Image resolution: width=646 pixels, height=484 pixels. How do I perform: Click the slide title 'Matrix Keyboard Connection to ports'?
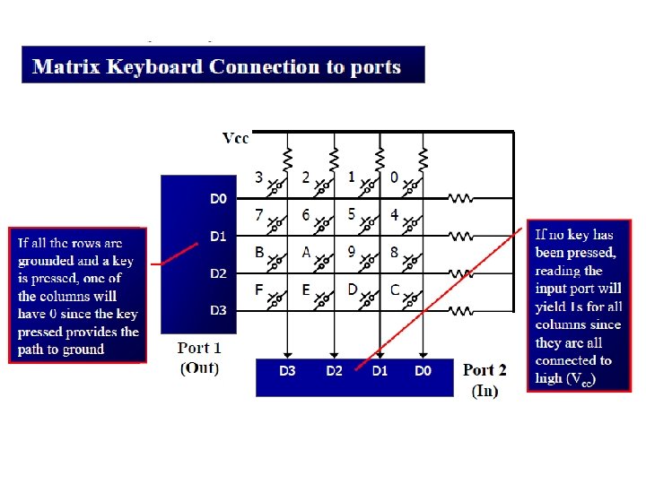216,67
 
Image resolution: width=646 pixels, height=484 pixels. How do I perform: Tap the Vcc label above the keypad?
235,138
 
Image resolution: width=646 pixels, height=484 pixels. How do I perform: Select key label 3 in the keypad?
258,177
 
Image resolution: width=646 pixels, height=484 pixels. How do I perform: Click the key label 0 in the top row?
395,177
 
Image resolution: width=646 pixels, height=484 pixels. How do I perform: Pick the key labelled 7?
258,215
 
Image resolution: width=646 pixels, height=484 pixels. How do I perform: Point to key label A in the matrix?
306,253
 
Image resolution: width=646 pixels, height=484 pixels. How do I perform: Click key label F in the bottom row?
258,290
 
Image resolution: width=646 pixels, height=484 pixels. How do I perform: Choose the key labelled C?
395,290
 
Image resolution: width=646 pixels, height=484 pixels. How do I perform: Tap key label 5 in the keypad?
351,215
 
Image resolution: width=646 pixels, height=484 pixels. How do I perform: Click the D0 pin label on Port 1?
218,199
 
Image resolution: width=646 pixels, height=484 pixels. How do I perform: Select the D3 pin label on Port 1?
218,310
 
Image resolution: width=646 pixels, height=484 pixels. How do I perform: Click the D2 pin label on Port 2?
334,370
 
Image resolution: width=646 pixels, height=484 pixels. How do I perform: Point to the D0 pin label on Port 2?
423,370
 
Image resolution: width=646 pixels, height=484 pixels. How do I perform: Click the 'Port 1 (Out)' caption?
198,357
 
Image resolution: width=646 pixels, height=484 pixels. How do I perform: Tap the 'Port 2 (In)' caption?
484,379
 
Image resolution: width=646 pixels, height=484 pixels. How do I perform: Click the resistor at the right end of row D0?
460,198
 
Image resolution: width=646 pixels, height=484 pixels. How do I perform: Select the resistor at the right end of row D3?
460,311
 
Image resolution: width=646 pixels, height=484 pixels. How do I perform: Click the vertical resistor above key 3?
287,159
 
